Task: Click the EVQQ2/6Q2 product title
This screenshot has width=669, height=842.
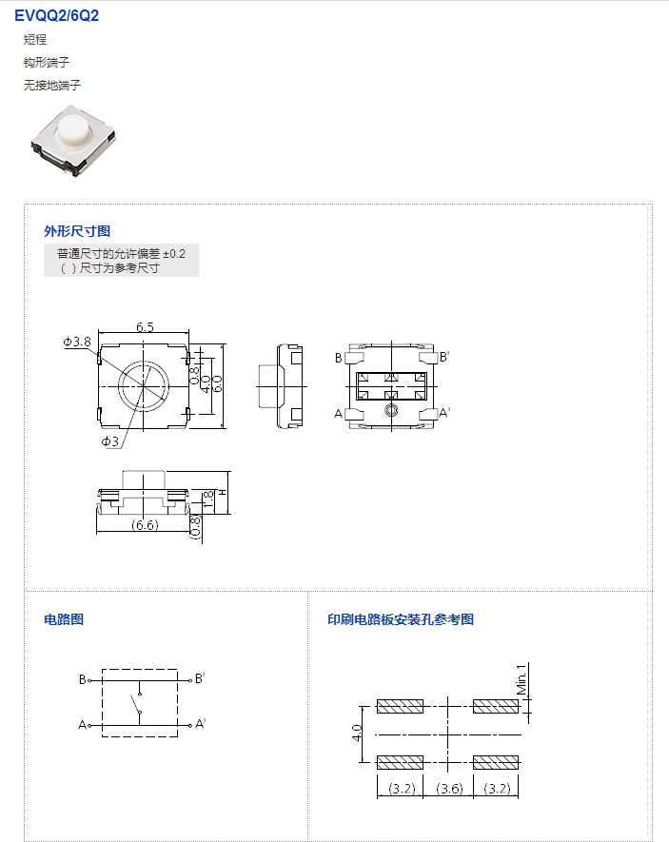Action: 56,15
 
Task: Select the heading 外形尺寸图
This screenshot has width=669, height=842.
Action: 77,231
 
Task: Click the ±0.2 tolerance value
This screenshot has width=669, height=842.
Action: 174,253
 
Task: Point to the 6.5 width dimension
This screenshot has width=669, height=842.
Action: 145,327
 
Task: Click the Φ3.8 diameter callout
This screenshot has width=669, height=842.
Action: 77,342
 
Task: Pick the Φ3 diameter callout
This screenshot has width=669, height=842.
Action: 110,441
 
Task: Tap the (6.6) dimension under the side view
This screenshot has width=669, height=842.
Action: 145,524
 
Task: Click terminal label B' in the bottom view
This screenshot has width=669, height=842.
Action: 444,357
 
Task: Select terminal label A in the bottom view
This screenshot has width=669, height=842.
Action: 338,414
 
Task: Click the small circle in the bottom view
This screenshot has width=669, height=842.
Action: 391,411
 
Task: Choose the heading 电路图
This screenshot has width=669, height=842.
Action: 64,619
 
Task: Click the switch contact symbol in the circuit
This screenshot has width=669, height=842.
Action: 136,703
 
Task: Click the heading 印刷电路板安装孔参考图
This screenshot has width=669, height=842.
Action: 401,619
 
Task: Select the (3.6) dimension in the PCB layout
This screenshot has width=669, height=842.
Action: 449,789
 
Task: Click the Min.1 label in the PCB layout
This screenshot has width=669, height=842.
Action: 521,679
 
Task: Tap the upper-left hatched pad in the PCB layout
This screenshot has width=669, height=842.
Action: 400,706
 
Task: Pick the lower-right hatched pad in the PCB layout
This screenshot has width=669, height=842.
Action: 496,762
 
